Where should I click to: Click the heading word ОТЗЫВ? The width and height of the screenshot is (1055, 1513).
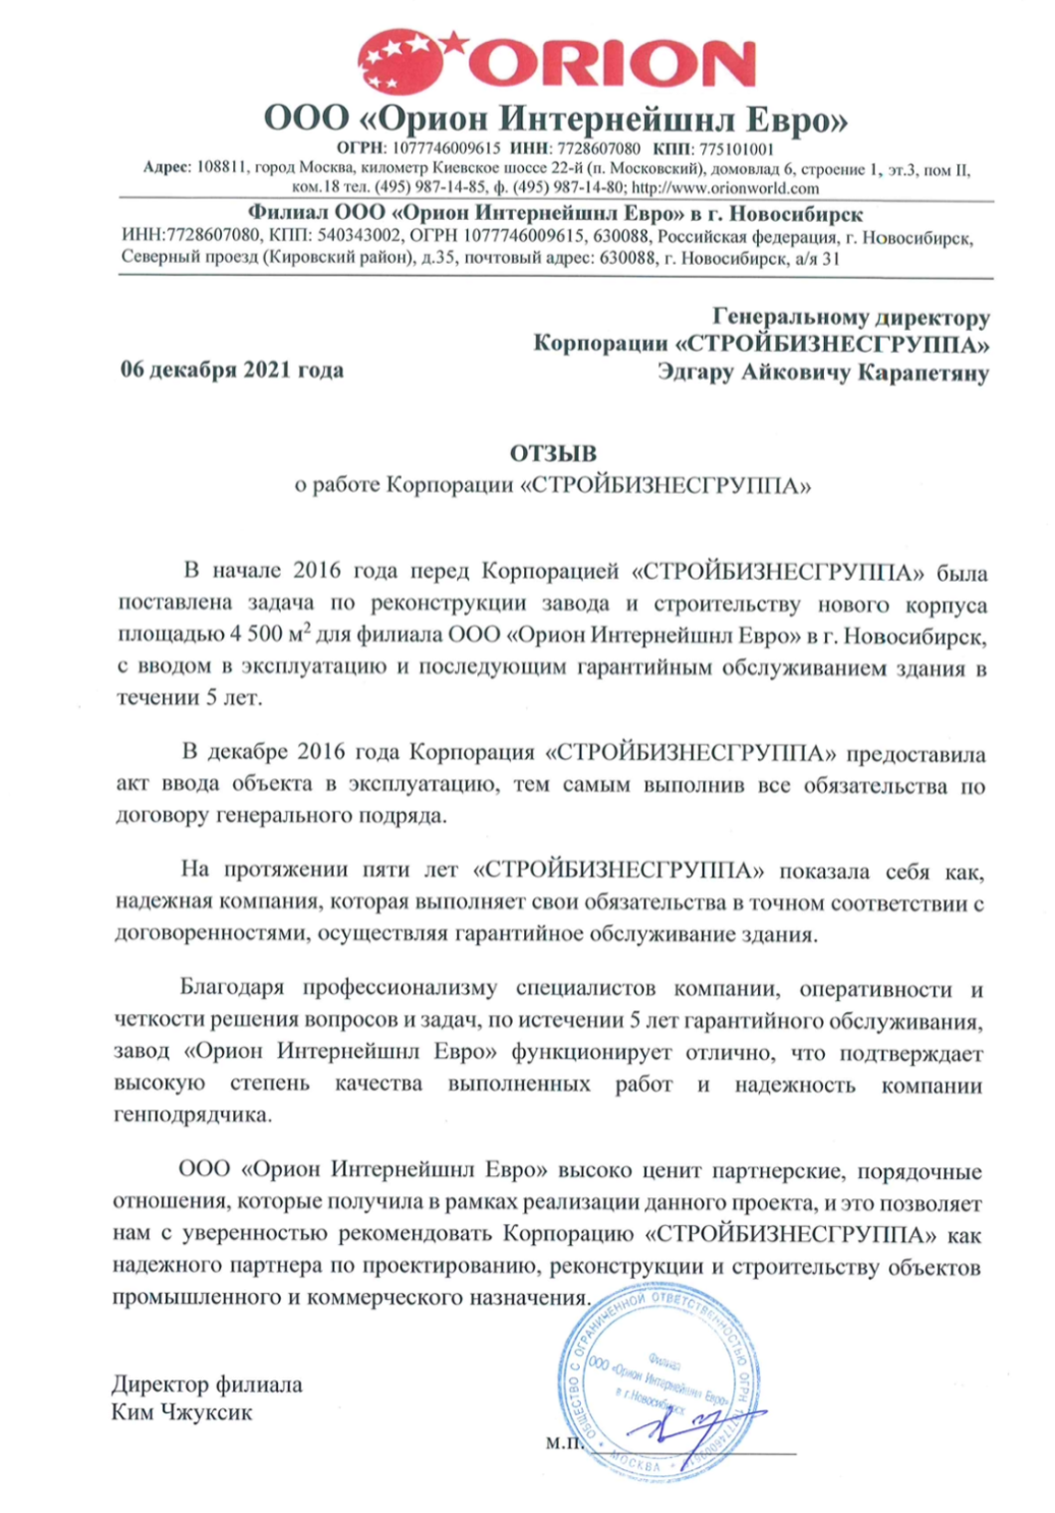553,454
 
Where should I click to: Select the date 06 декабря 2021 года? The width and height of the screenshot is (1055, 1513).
232,371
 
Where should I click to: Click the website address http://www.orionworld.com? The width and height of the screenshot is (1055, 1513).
725,187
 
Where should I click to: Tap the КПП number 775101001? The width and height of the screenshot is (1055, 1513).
736,149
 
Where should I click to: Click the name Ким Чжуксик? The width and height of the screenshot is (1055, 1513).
182,1411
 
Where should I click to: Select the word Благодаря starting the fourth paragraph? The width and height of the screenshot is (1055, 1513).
232,988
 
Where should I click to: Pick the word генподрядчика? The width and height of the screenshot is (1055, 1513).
192,1115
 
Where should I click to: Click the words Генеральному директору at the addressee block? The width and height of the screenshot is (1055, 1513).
852,318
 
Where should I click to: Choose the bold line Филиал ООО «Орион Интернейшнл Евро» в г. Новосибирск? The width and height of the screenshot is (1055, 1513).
555,214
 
